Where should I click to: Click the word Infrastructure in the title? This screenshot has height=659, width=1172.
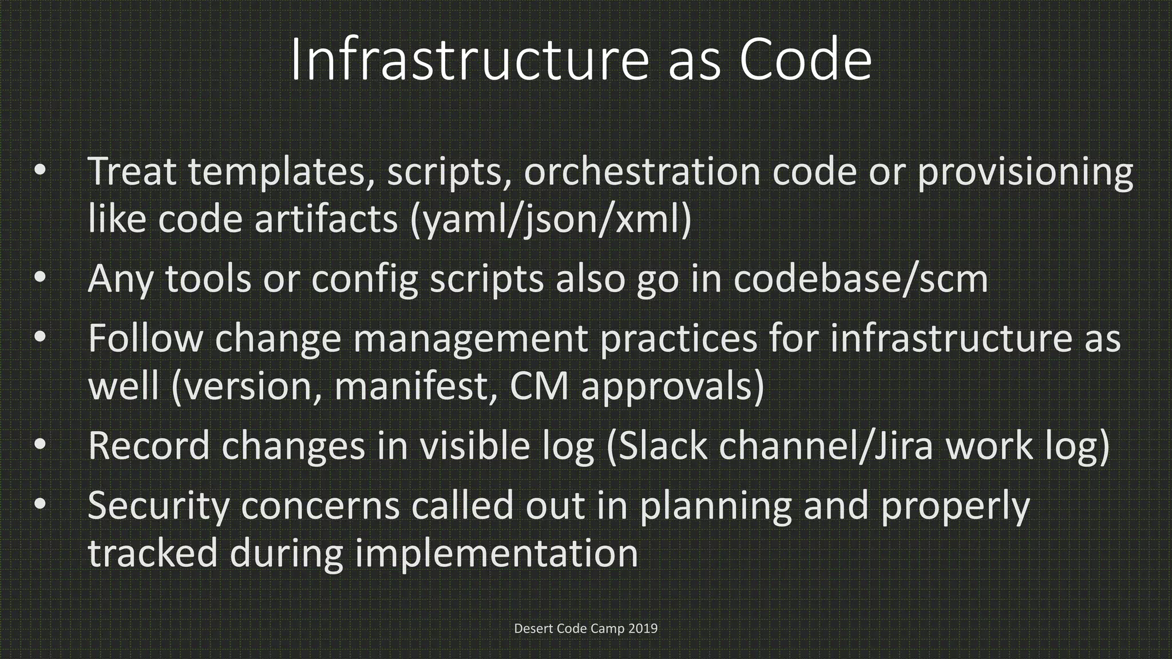(469, 60)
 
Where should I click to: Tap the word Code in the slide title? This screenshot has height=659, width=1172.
(806, 60)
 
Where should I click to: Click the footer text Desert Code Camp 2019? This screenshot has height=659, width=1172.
(585, 628)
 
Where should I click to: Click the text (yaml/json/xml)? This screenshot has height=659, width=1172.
(551, 220)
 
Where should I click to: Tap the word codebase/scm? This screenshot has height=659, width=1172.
(861, 279)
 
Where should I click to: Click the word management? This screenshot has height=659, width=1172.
(470, 339)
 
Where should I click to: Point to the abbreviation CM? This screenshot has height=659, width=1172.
(539, 386)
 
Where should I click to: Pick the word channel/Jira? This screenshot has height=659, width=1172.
(826, 446)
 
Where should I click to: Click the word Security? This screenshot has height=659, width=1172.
(159, 506)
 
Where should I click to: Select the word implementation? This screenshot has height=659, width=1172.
(496, 554)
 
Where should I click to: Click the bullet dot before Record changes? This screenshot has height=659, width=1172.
(39, 444)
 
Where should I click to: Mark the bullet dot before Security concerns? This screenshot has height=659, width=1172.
(39, 504)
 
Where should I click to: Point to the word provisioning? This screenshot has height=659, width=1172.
(1025, 172)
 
